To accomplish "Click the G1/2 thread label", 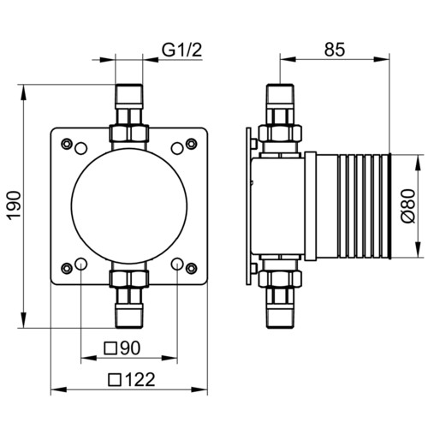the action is coord(182,50).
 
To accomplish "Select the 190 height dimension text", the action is coord(14,205).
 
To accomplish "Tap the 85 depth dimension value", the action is coord(335,50).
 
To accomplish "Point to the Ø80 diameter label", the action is coord(408,206).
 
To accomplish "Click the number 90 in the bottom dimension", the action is coord(130,348).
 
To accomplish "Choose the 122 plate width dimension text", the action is coord(140,379).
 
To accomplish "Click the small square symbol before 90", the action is coord(110,348).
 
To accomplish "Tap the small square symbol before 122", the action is coord(116,380).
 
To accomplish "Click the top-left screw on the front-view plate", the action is coord(67,144).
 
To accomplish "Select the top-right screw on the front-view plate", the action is coord(191,144).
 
